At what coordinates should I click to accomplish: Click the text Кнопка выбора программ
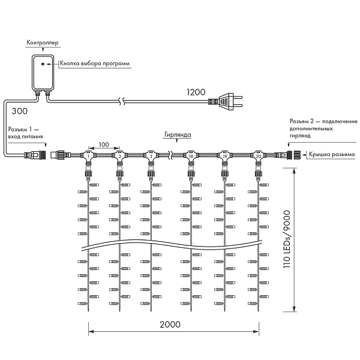94,62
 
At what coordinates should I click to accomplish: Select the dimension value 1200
196,92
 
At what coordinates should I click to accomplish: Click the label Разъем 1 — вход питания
25,133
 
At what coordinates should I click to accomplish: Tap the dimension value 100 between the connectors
104,145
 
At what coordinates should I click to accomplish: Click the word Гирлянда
175,136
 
